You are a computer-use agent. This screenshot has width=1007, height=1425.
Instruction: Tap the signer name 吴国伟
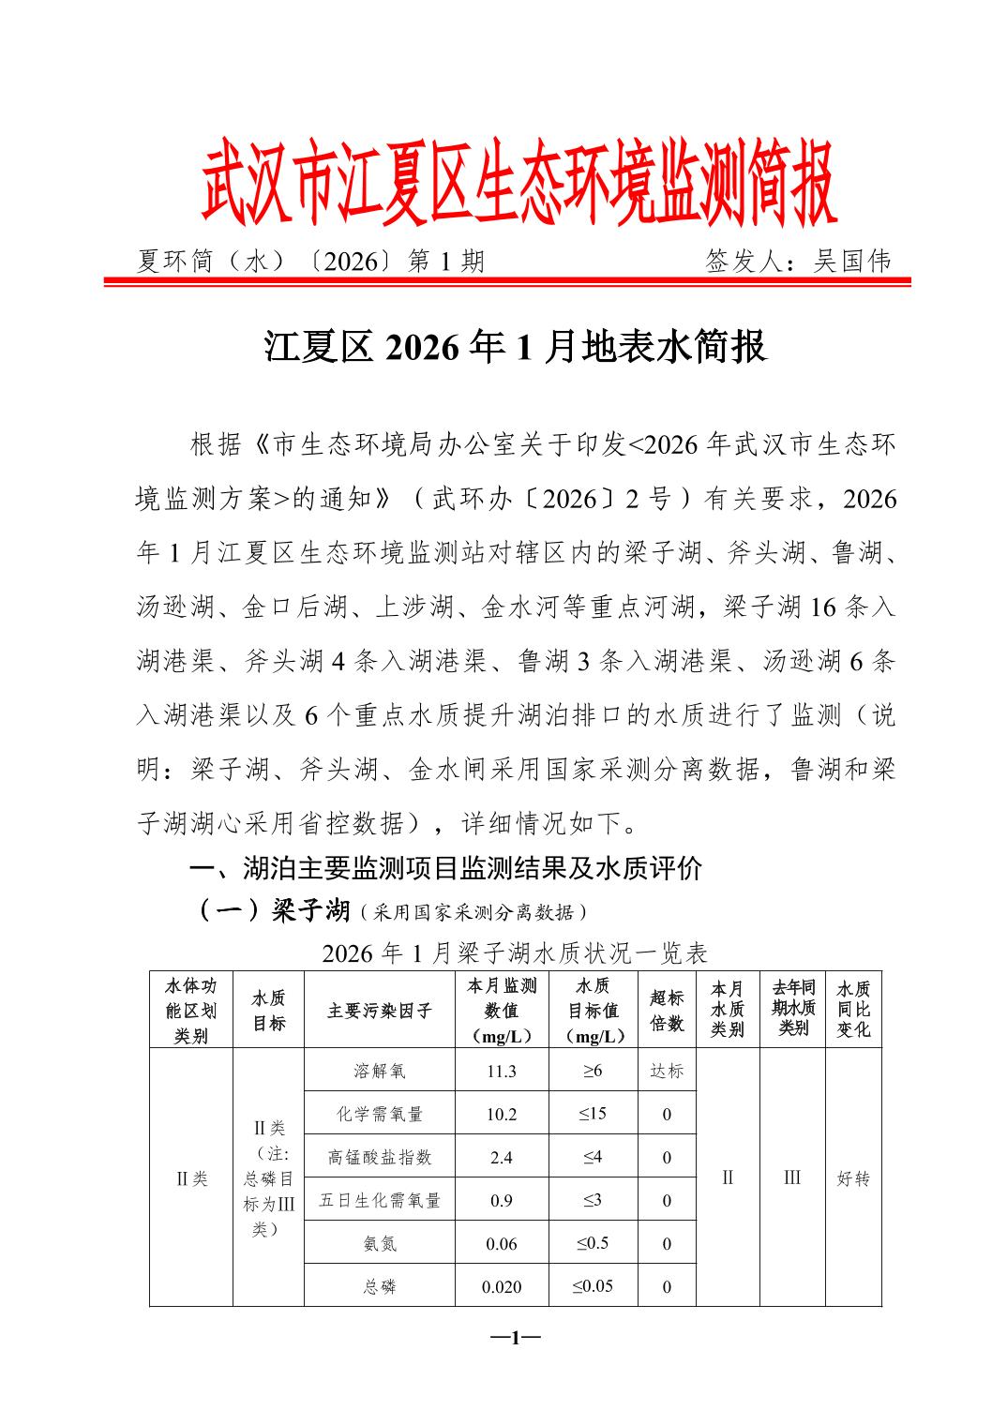pos(852,262)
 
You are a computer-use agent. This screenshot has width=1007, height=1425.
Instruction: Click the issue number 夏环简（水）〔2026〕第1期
pos(311,262)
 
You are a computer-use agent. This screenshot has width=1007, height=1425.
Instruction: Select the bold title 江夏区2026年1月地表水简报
pos(515,347)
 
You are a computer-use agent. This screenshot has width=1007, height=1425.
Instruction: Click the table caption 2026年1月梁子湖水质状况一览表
pos(514,953)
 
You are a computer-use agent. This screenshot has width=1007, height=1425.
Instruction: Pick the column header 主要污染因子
pos(379,1011)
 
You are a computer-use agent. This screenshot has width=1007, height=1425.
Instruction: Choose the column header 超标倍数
pos(667,1011)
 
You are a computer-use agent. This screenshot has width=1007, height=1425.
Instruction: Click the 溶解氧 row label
pos(379,1071)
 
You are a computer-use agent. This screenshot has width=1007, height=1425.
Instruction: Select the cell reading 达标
pos(667,1071)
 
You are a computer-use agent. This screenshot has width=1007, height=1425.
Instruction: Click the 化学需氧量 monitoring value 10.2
pos(502,1115)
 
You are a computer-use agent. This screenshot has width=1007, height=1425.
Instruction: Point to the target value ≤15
pos(593,1114)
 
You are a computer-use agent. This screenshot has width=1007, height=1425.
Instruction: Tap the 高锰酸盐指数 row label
pos(379,1158)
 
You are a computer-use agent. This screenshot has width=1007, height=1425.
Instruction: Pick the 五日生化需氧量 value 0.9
pos(502,1201)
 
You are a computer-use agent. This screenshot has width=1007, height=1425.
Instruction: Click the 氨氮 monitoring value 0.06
pos(502,1244)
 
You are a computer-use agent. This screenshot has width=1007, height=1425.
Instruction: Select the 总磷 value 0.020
pos(502,1287)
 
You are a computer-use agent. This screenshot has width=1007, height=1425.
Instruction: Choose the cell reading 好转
pos(853,1178)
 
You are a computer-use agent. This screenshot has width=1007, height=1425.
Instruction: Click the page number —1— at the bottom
pos(515,1337)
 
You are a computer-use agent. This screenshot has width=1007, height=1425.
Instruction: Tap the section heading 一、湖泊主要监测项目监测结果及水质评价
pos(445,869)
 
